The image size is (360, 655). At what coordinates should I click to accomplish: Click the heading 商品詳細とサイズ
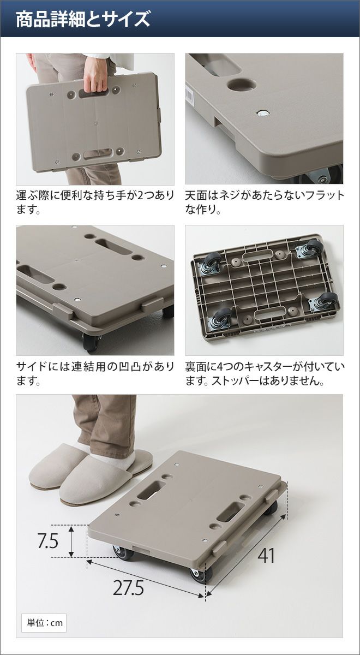coord(83,19)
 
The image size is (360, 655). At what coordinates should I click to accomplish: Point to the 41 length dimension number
coord(266,556)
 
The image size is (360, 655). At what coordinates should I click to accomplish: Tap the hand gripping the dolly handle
coord(95,75)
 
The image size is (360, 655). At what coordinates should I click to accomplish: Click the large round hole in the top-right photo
coord(242,85)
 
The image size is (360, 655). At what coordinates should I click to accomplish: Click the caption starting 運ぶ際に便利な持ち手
coord(95,203)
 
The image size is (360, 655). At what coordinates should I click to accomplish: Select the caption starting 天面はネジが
coord(265,203)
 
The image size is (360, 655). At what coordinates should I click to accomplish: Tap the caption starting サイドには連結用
coord(95,373)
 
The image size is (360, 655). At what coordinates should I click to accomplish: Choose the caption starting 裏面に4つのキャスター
coord(265,373)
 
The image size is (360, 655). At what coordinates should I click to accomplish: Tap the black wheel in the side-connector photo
coord(91,342)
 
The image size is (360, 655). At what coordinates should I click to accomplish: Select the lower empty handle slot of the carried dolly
coord(98,154)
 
